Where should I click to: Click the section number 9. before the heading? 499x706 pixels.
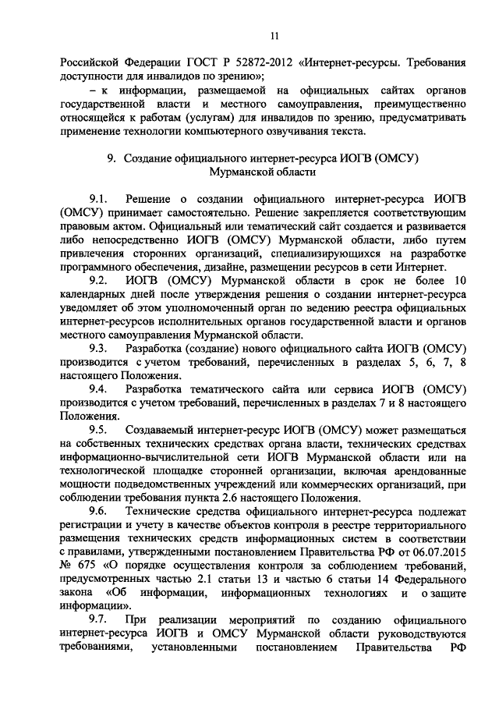(111, 158)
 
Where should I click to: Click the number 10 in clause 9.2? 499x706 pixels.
(460, 280)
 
